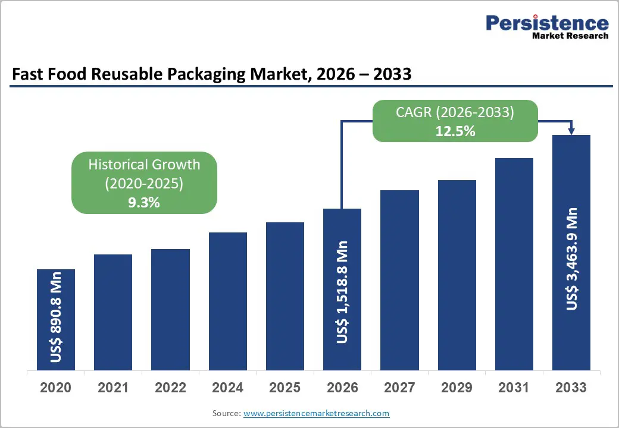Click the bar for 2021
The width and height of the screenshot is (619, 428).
pos(113,312)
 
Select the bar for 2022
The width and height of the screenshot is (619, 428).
pos(170,309)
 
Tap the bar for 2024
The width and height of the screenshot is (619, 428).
pos(227,301)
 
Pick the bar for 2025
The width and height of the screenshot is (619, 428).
pos(285,296)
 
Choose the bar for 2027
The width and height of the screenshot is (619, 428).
pos(399,280)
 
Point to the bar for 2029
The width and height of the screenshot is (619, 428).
pos(457,275)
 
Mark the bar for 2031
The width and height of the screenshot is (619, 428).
pos(514,264)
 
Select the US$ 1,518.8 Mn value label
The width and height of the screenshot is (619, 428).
pos(342,292)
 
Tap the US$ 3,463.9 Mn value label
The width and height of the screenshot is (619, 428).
pos(572,259)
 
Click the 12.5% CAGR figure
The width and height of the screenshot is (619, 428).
pos(455,131)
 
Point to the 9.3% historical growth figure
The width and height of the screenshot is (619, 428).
pos(144,203)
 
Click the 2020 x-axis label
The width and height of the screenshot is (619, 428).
pos(56,388)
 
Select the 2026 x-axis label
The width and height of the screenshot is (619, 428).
pos(342,388)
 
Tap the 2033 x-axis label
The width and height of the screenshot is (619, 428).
pos(571,388)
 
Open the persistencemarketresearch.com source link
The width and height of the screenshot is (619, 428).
pos(316,413)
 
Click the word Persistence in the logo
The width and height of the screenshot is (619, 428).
pos(547,23)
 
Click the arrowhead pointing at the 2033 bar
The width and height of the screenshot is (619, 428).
pos(571,131)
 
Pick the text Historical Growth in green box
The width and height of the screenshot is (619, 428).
pos(144,165)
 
